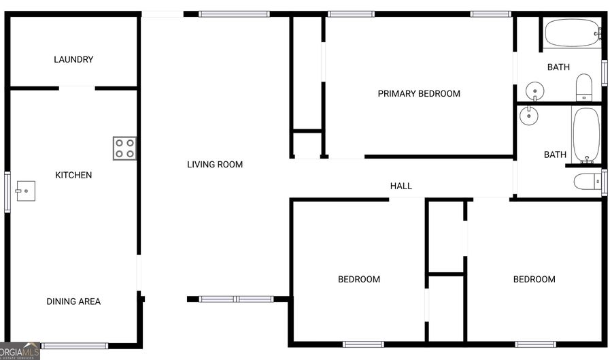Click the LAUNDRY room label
(x=73, y=59)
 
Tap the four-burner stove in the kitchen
(x=124, y=148)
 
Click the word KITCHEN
(x=73, y=175)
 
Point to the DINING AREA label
(x=73, y=301)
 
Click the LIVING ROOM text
(x=215, y=164)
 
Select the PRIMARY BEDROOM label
(x=419, y=93)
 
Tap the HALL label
(x=401, y=186)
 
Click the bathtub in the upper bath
(x=572, y=32)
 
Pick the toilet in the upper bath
(x=584, y=88)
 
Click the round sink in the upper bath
(x=535, y=90)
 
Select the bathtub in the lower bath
(x=585, y=134)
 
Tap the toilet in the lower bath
(x=586, y=181)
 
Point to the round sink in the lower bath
(x=529, y=116)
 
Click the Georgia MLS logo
(x=20, y=350)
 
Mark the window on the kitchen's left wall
(x=7, y=193)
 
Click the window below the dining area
(x=75, y=346)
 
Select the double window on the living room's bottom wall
(x=236, y=299)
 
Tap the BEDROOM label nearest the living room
(x=359, y=279)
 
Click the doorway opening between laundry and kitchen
(x=77, y=87)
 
